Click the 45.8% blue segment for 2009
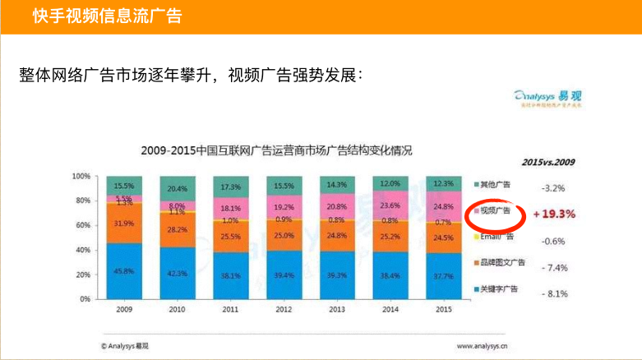coord(125,271)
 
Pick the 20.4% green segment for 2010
coord(177,188)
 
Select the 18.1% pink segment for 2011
coord(230,209)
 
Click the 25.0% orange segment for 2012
coord(284,235)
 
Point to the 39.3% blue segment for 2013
coord(337,275)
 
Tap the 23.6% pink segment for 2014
coord(390,205)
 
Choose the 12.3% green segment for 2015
coord(443,183)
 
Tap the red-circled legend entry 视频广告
coord(496,212)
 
